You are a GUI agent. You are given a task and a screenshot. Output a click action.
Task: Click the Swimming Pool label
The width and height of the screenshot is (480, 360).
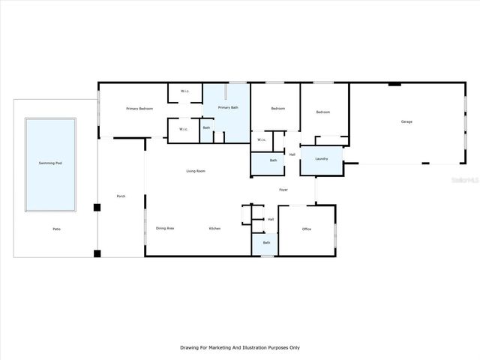click(x=50, y=163)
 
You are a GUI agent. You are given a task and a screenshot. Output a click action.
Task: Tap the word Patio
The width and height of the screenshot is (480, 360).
click(x=56, y=229)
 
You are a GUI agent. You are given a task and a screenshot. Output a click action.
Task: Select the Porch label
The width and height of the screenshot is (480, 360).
click(x=121, y=196)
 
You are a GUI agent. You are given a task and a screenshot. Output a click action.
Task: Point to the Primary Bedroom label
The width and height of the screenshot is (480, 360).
click(x=139, y=109)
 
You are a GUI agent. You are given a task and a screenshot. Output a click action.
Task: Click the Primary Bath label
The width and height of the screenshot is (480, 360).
click(x=228, y=108)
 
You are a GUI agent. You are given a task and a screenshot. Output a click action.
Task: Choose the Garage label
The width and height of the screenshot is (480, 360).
click(x=406, y=121)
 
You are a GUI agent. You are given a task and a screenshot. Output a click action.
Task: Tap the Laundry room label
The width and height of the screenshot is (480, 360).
click(x=322, y=158)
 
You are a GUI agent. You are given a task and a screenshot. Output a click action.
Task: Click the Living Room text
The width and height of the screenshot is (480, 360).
click(x=196, y=171)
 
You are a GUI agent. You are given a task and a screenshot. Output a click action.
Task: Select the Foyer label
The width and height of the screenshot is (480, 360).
click(x=283, y=189)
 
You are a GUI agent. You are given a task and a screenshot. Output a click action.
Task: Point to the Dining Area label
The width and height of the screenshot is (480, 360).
click(x=165, y=228)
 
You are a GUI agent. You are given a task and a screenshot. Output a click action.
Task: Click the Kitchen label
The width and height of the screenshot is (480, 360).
click(x=214, y=228)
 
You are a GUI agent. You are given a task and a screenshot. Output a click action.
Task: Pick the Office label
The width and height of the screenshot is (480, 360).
click(x=307, y=229)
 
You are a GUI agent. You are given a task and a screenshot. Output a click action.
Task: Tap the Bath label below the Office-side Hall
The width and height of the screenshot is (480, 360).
click(x=266, y=242)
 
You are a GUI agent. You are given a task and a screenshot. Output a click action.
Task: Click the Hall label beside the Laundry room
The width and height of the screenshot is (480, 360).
click(x=292, y=154)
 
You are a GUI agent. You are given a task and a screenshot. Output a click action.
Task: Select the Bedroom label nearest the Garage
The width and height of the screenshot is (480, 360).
click(x=323, y=112)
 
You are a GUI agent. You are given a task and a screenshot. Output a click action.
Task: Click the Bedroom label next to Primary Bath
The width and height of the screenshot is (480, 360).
click(x=277, y=109)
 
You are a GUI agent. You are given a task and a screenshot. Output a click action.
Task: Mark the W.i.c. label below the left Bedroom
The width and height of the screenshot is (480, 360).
click(x=262, y=139)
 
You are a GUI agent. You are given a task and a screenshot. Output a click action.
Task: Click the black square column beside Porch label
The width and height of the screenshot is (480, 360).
click(x=97, y=208)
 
